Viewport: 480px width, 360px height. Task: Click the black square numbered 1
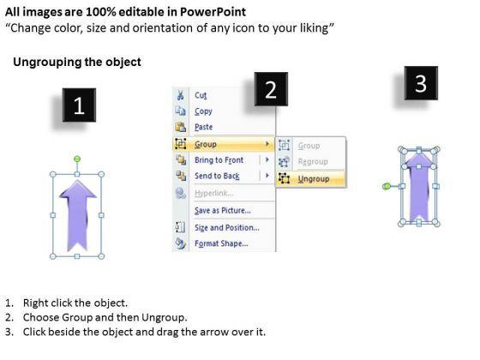click(79, 105)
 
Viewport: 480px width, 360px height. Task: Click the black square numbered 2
click(271, 89)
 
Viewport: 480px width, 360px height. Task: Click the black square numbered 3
click(421, 83)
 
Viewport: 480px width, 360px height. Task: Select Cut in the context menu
click(201, 95)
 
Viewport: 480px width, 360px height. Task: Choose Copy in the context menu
click(203, 111)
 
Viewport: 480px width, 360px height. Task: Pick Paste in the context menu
click(204, 127)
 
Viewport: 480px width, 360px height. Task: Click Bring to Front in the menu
click(219, 159)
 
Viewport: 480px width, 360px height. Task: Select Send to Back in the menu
click(217, 176)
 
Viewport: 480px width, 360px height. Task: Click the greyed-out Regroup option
click(313, 161)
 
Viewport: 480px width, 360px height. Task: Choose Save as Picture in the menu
click(223, 210)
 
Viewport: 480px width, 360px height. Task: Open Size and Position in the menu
click(227, 227)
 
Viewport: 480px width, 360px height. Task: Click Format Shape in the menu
click(221, 243)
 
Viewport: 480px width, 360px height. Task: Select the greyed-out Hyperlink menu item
click(214, 193)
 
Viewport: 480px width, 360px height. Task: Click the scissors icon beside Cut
click(180, 95)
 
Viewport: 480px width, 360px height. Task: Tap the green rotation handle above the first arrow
click(77, 159)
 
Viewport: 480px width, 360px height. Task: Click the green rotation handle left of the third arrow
click(387, 186)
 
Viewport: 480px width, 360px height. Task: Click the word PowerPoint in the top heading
click(213, 12)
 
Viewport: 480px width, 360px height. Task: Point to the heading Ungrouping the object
click(77, 62)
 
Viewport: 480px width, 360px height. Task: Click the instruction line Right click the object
click(75, 303)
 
